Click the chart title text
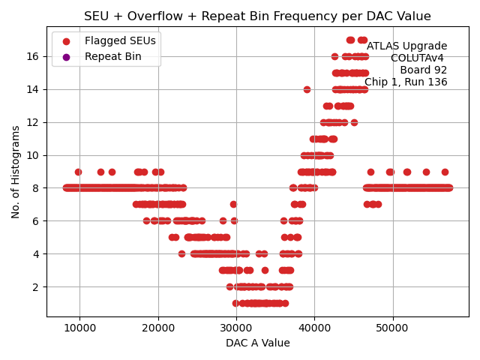click(257, 16)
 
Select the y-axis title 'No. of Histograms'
click(16, 172)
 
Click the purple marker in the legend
click(66, 57)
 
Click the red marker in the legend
click(66, 41)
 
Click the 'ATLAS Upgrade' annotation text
click(406, 46)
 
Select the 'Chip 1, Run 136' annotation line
click(406, 82)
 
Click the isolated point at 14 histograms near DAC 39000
click(307, 89)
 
